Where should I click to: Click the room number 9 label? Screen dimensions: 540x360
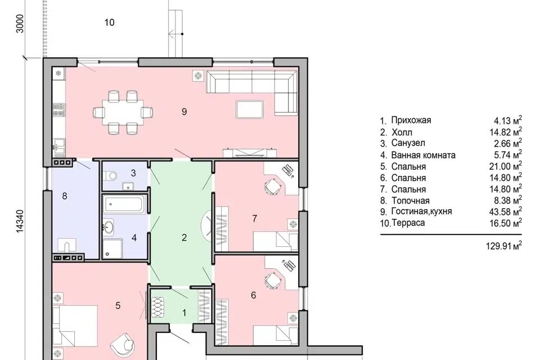184,111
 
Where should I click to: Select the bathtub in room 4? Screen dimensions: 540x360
124,204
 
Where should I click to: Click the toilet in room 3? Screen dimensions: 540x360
111,175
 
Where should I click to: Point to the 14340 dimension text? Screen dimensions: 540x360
20,221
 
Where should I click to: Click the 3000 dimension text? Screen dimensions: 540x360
20,24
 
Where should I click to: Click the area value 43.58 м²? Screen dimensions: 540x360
506,211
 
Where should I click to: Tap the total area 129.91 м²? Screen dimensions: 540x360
504,246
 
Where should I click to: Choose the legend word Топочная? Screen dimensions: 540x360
410,200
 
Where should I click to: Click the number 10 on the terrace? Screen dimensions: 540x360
109,22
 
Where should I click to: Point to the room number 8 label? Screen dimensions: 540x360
64,196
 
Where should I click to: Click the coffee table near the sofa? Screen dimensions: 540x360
250,109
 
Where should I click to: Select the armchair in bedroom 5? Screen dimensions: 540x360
123,345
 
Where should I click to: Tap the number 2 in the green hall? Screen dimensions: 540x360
184,237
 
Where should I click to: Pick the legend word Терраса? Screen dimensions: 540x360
408,223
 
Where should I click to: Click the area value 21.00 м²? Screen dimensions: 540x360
506,166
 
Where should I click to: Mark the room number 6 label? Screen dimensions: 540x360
254,295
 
